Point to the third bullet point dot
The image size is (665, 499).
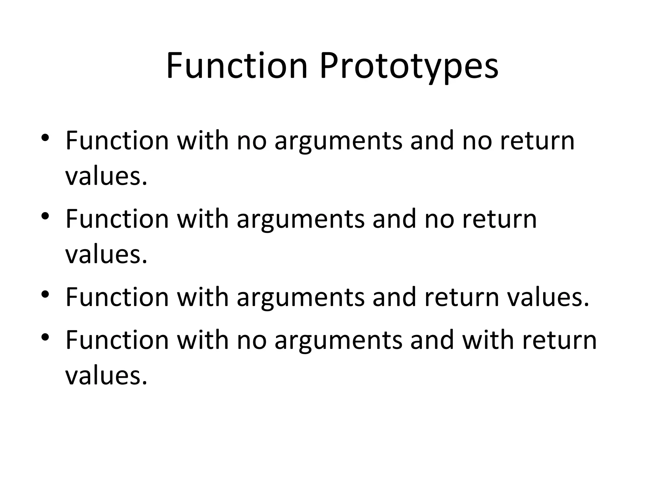click(45, 294)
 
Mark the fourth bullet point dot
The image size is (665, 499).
click(45, 337)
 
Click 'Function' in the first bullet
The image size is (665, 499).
click(117, 140)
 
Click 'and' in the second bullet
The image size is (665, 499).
click(394, 219)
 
